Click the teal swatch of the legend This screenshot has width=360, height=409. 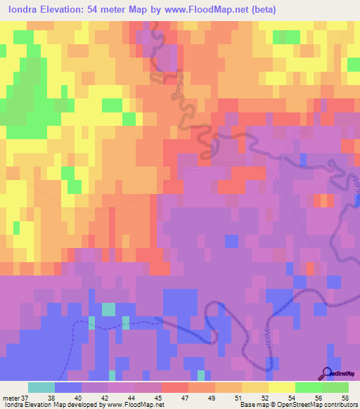click(x=41, y=387)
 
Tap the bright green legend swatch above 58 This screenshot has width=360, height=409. click(x=335, y=387)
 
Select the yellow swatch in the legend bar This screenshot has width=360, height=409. click(x=282, y=387)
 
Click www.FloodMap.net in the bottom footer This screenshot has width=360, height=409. click(x=133, y=405)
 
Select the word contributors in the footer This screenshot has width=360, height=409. click(x=340, y=405)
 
